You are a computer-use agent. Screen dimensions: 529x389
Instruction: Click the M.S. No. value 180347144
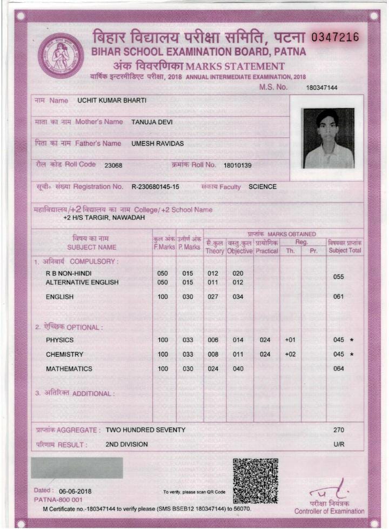click(321, 88)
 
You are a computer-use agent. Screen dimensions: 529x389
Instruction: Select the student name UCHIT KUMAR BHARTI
click(112, 101)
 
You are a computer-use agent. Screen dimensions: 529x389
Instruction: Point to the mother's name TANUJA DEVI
click(152, 122)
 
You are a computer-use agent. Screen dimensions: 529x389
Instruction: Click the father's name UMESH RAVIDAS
click(158, 144)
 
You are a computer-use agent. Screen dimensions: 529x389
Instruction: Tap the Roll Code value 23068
click(113, 165)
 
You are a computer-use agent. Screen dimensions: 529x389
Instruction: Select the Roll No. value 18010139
click(237, 165)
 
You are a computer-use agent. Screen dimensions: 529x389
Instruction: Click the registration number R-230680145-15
click(155, 187)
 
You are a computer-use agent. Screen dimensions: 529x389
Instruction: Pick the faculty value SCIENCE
click(263, 187)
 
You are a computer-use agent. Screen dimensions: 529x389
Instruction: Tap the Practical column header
click(266, 251)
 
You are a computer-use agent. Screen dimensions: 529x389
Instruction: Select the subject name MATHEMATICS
click(69, 369)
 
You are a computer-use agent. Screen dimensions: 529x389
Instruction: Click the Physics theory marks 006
click(213, 340)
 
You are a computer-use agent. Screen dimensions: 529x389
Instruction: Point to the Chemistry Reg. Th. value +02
click(290, 354)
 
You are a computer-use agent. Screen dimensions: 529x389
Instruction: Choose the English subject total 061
click(339, 297)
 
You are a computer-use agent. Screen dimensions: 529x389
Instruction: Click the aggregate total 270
click(339, 430)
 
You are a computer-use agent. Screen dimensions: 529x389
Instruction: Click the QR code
click(256, 480)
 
